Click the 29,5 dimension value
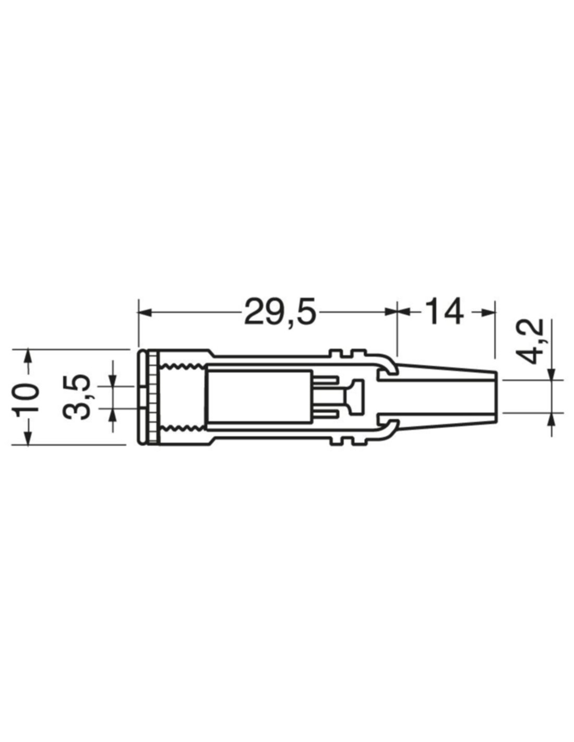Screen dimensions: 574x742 [279, 311]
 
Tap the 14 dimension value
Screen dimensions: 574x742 [443, 311]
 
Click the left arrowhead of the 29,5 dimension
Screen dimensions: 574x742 [145, 312]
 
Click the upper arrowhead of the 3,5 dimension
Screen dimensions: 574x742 [113, 379]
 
